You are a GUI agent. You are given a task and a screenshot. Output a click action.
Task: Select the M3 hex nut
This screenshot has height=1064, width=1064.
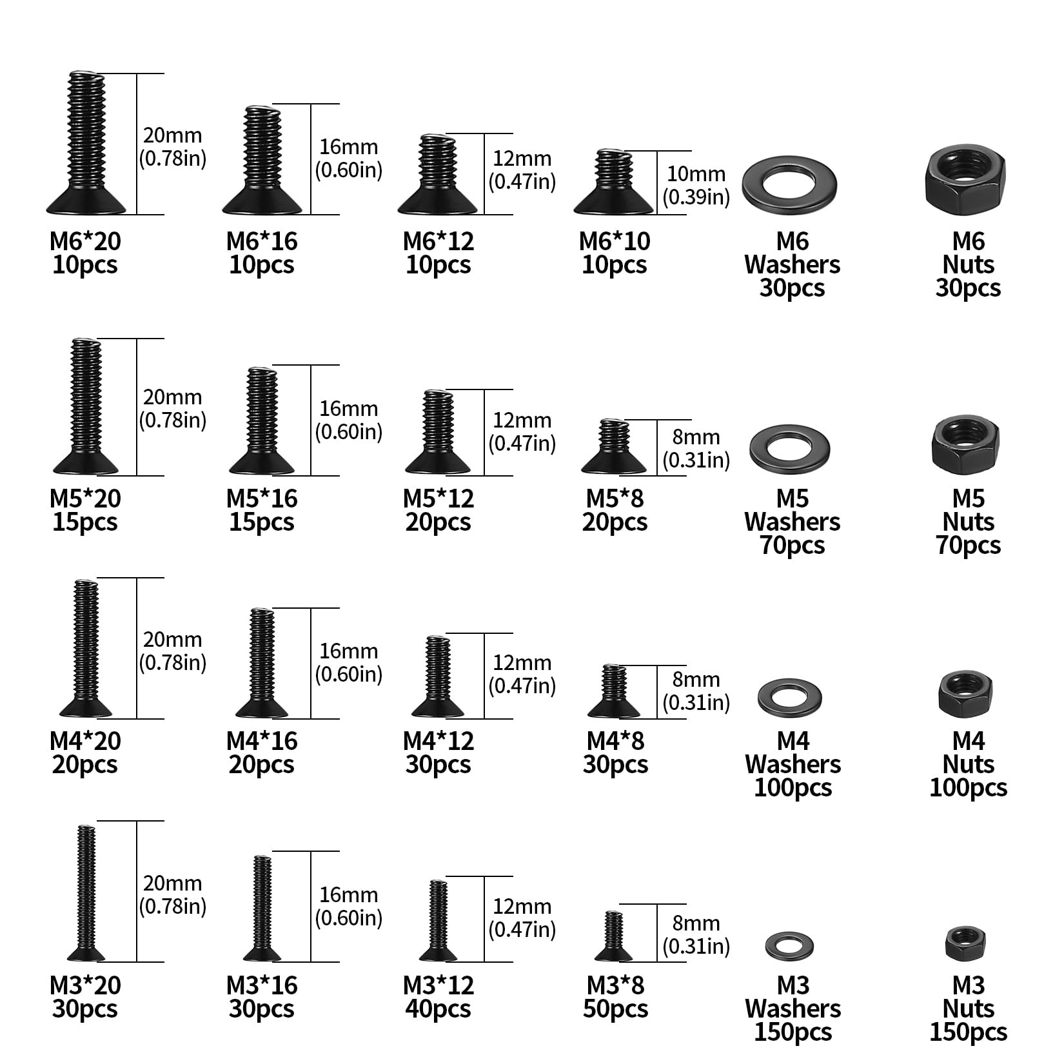(966, 943)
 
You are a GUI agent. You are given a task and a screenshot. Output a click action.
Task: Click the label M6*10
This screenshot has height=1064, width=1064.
(615, 241)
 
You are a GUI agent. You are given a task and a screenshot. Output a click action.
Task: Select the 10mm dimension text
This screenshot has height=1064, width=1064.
(696, 174)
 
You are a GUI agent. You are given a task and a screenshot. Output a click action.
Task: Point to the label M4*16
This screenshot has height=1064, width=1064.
(262, 741)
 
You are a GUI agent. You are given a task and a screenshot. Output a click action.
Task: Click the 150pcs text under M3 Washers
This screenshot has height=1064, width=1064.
(793, 1032)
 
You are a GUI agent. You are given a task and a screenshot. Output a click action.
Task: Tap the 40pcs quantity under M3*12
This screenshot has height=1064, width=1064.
(438, 1009)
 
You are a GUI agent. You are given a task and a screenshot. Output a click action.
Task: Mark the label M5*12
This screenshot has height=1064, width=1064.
(438, 498)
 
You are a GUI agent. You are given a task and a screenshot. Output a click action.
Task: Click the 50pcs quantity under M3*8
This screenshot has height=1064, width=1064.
(615, 1009)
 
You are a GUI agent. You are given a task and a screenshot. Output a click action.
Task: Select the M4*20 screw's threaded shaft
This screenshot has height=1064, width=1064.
(86, 638)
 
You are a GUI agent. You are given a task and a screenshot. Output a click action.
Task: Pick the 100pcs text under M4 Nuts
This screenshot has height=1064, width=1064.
(968, 787)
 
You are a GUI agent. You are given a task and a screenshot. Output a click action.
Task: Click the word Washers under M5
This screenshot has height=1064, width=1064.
(793, 522)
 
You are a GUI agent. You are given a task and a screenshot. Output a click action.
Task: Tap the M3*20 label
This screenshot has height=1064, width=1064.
(85, 985)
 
